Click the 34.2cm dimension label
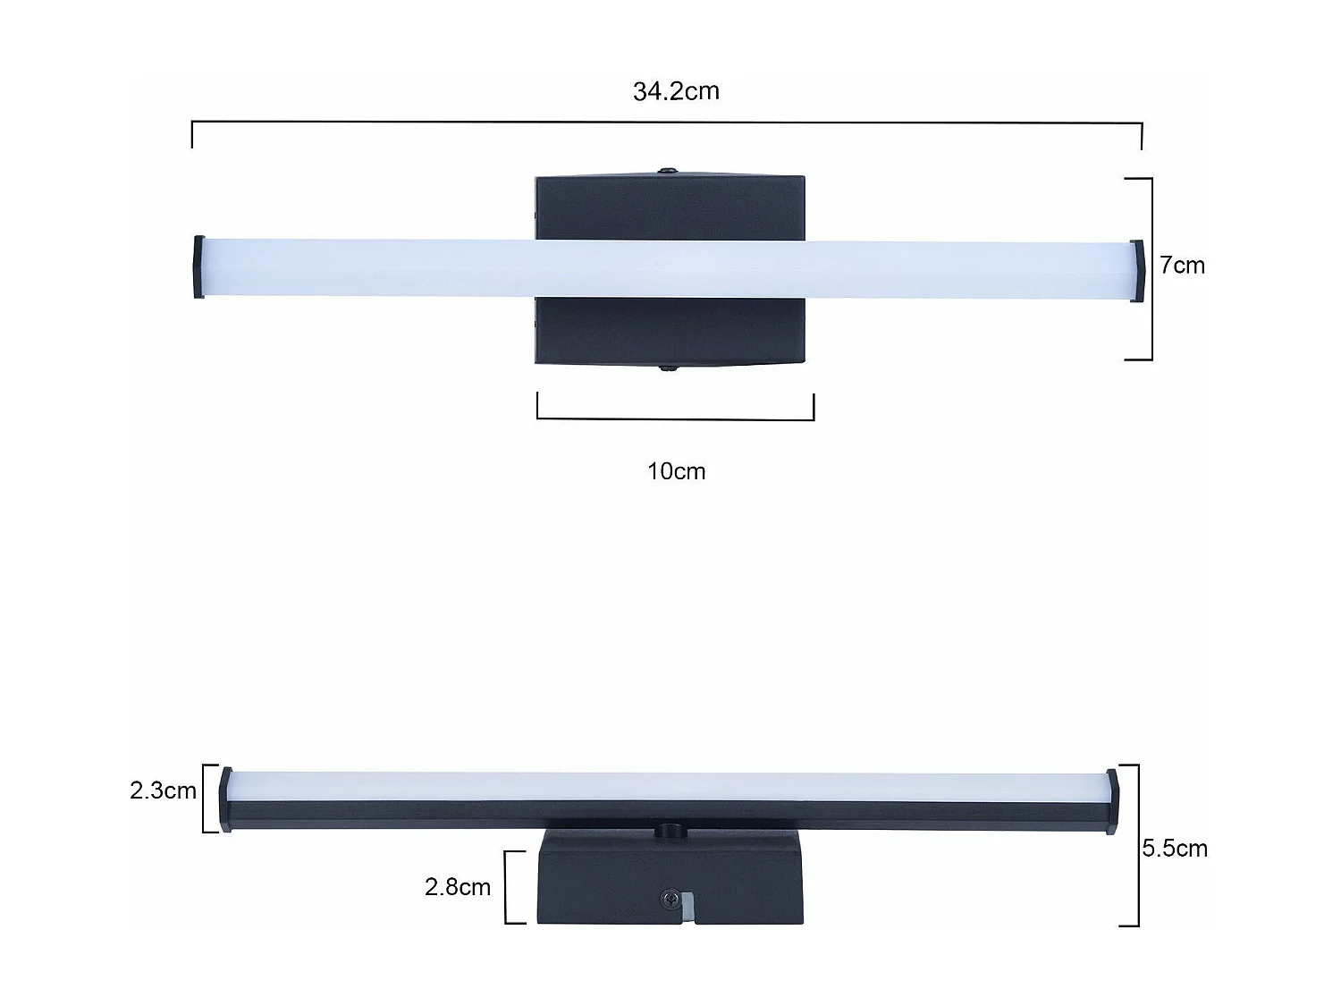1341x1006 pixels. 676,91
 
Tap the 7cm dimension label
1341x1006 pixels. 1182,266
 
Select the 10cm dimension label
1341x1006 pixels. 676,471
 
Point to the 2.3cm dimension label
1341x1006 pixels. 163,790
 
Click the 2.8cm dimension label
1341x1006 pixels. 457,887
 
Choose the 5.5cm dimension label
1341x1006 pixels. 1175,848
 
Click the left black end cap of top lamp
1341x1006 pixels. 198,266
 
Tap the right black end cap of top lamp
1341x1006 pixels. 1137,271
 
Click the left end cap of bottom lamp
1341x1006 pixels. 226,800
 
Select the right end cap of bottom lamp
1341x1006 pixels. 1111,801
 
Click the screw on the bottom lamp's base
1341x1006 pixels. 666,898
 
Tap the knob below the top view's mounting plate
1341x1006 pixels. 667,367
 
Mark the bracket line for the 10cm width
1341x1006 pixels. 675,418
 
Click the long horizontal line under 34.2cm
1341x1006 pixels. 667,123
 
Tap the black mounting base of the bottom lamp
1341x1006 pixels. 608,881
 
